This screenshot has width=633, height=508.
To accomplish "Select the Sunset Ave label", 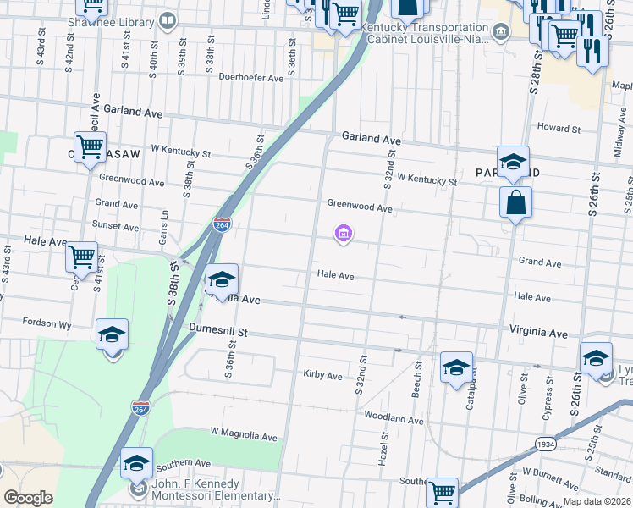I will tap(116, 226).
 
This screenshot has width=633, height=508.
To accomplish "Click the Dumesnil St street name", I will tap(217, 334).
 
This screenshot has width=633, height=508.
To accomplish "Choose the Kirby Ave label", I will tap(322, 374).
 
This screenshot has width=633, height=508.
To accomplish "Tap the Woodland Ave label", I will tap(394, 418).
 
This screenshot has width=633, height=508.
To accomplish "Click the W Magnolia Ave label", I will tap(244, 437).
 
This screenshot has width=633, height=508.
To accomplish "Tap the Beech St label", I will tap(418, 373).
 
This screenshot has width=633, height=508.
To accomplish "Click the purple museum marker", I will tap(343, 234).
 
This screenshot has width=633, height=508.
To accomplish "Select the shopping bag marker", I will tap(515, 203).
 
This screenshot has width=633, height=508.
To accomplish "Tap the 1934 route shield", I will tap(548, 444).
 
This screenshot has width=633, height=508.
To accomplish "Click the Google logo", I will tap(28, 497).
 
